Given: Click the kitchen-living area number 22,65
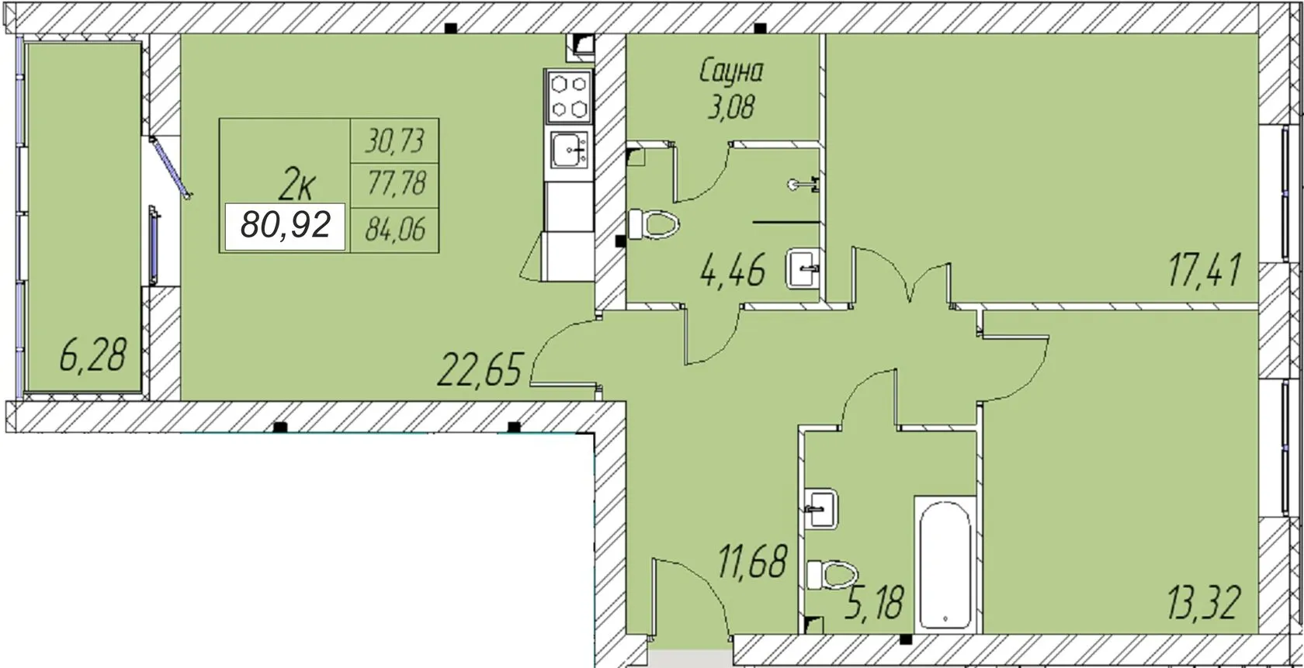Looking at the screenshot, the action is (479, 369).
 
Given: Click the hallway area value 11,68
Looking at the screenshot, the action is (753, 561).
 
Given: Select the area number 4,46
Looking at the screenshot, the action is (733, 271).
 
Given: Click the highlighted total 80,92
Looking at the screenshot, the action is (286, 225).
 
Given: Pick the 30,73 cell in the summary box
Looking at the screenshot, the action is (394, 141).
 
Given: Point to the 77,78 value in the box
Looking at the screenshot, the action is (395, 184).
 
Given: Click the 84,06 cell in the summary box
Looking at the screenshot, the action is (395, 229).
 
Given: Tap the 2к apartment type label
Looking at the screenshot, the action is (297, 185).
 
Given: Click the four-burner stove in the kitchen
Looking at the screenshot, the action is (569, 97).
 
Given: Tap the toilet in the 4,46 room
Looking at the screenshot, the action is (654, 224).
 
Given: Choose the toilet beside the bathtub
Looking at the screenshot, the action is (832, 575).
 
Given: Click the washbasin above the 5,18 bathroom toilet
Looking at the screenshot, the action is (821, 508).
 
